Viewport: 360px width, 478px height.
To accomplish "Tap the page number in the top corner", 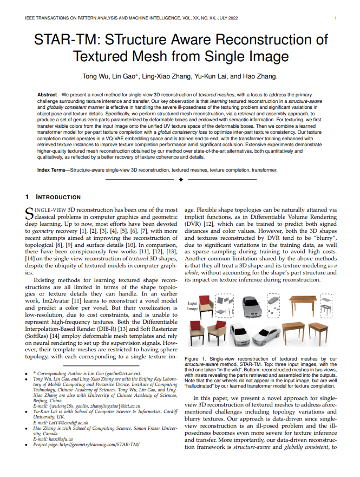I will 336,18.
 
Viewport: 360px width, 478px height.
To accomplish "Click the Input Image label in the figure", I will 193,306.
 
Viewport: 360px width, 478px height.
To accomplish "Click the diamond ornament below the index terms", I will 180,178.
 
